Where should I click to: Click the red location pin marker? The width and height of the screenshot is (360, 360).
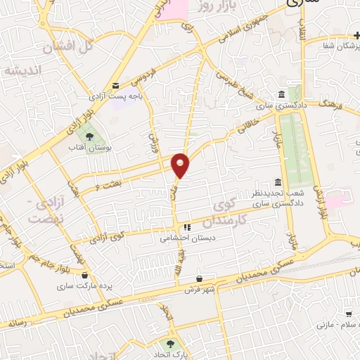[181, 165]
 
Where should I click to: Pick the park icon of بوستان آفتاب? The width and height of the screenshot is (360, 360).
[90, 134]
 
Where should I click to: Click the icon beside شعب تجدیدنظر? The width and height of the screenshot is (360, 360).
[278, 182]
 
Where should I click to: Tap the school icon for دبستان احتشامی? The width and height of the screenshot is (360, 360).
[188, 227]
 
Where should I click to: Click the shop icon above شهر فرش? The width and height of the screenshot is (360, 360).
[200, 278]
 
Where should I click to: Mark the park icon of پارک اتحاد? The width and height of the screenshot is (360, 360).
[169, 342]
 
